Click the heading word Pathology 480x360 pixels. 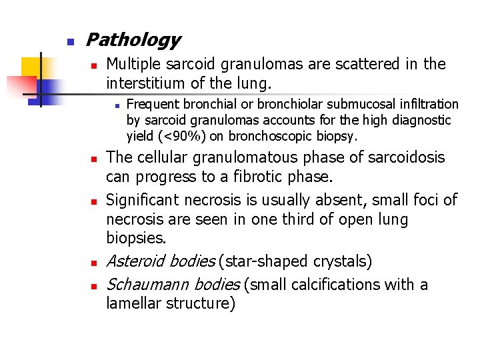pyautogui.click(x=133, y=41)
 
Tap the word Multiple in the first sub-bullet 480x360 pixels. pyautogui.click(x=133, y=64)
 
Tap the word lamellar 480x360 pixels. pyautogui.click(x=133, y=304)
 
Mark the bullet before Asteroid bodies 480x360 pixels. pyautogui.click(x=94, y=262)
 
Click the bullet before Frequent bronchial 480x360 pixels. pyautogui.click(x=116, y=105)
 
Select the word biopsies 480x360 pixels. pyautogui.click(x=133, y=238)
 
